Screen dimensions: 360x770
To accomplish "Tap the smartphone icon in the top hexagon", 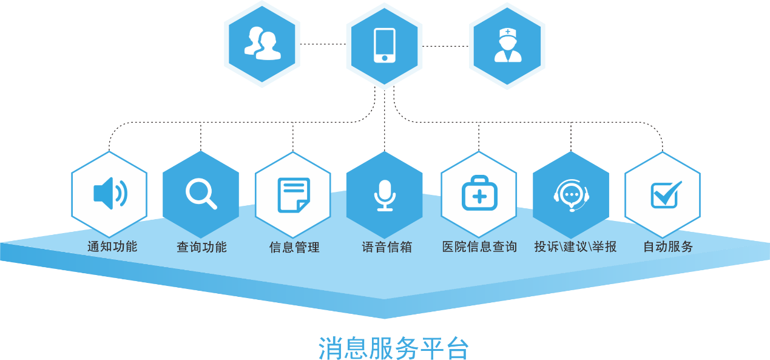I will [385, 45].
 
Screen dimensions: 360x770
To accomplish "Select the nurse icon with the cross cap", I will [507, 45].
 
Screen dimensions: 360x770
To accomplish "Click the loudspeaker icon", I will [110, 194].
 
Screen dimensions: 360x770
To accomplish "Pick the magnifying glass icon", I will [201, 194].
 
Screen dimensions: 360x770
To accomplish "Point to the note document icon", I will [293, 195].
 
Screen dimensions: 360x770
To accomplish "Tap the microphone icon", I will [385, 195].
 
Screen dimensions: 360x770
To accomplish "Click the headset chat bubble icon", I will [571, 195].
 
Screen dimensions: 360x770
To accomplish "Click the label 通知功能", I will [112, 246].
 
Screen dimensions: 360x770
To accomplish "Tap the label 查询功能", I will [201, 247].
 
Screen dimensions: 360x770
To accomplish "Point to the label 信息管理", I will [294, 247].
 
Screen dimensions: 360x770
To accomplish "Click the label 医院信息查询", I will [479, 247].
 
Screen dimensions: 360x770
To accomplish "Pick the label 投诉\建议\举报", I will [575, 247].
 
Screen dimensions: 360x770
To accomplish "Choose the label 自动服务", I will [667, 247].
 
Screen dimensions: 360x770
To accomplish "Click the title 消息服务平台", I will [393, 347].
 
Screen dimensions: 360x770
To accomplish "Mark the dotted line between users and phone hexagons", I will [323, 44].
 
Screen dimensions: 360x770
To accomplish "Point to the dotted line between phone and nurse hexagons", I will [445, 46].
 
